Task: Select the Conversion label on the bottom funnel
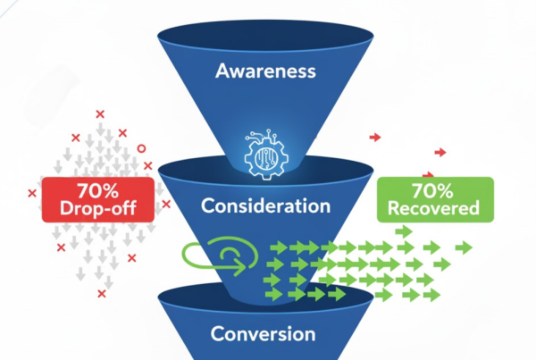263,334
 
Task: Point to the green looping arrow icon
217,255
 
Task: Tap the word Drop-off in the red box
97,208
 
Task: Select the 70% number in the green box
433,190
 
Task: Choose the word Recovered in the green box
433,210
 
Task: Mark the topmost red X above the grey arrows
99,114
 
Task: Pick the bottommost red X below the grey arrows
101,294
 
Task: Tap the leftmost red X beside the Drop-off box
32,192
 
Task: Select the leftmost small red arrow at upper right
376,138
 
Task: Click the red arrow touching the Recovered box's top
429,174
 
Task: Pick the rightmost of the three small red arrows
440,153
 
